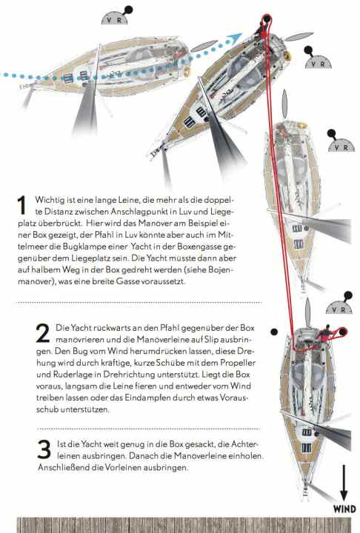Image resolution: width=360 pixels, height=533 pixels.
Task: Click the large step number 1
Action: pyautogui.click(x=21, y=205)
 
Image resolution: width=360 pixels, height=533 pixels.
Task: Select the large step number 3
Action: pyautogui.click(x=43, y=448)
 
